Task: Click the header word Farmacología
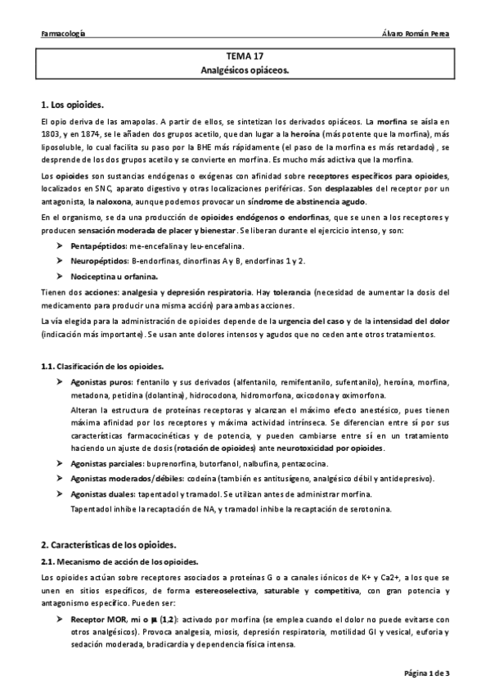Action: [x=65, y=34]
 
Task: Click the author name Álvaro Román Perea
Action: [x=417, y=34]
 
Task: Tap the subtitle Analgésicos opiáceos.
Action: [x=245, y=71]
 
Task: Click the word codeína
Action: [x=178, y=479]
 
